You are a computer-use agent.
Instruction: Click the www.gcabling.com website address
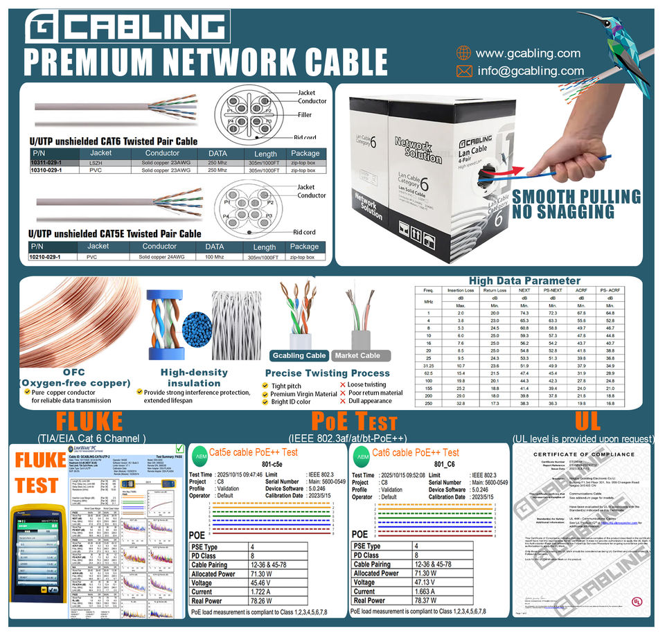528,53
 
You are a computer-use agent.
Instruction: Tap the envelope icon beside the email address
464,71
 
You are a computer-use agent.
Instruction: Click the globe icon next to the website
463,53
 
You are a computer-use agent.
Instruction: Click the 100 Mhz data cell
215,257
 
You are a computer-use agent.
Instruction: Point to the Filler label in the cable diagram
304,115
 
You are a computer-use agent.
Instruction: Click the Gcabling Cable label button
299,355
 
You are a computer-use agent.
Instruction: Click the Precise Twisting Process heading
327,373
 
